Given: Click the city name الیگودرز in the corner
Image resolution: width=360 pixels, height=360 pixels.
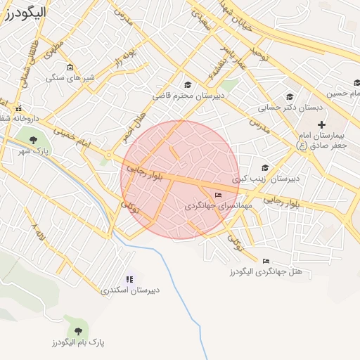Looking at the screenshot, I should click(25, 12).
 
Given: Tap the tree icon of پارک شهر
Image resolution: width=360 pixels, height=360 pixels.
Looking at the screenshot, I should click(34, 139).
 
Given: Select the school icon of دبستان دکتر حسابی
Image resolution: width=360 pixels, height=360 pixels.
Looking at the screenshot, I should click(288, 97).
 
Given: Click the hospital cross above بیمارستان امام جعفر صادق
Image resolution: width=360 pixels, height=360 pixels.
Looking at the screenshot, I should click(321, 124).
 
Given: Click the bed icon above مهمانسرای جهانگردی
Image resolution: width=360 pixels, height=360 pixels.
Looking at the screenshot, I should click(218, 195).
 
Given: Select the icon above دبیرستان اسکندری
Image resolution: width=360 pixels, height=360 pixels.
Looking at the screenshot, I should click(129, 278).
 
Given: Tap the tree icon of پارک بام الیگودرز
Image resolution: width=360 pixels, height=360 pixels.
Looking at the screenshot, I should click(78, 330).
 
